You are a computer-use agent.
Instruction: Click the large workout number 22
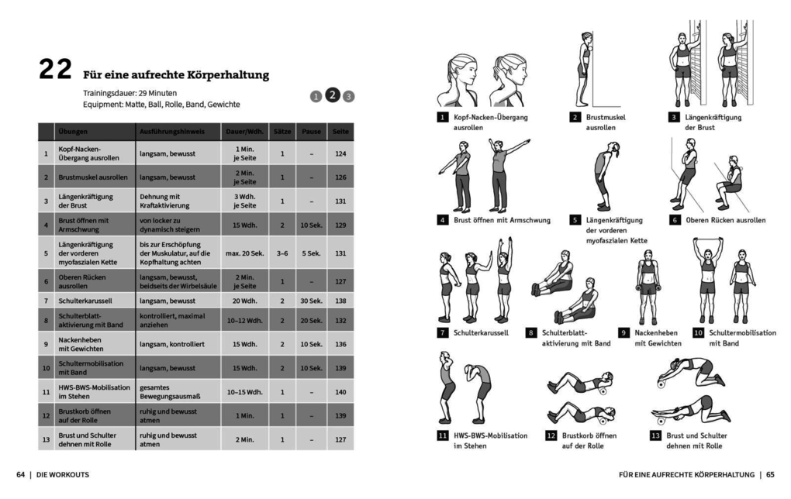(55, 70)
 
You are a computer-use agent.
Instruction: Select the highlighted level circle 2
(332, 95)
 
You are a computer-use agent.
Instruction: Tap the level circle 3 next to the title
(349, 97)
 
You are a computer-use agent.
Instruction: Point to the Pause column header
(310, 132)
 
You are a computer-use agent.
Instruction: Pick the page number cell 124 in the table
(340, 153)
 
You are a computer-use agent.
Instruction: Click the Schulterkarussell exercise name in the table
(88, 300)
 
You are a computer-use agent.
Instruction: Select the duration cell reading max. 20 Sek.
(245, 253)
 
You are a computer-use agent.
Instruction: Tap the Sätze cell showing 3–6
(282, 253)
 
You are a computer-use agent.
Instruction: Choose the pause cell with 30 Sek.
(310, 300)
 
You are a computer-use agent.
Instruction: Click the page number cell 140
(340, 392)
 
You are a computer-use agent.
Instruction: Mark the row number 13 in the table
(46, 439)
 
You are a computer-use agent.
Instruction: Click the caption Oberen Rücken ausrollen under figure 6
(725, 220)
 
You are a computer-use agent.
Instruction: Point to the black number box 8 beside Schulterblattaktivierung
(531, 333)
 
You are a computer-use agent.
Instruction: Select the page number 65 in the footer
(770, 474)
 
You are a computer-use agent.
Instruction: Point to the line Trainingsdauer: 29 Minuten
(130, 92)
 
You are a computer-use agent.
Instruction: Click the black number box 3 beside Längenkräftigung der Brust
(675, 117)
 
